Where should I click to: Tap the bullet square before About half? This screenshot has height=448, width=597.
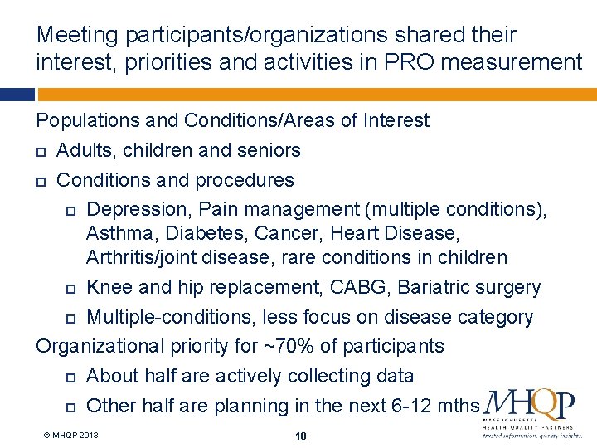70,377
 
